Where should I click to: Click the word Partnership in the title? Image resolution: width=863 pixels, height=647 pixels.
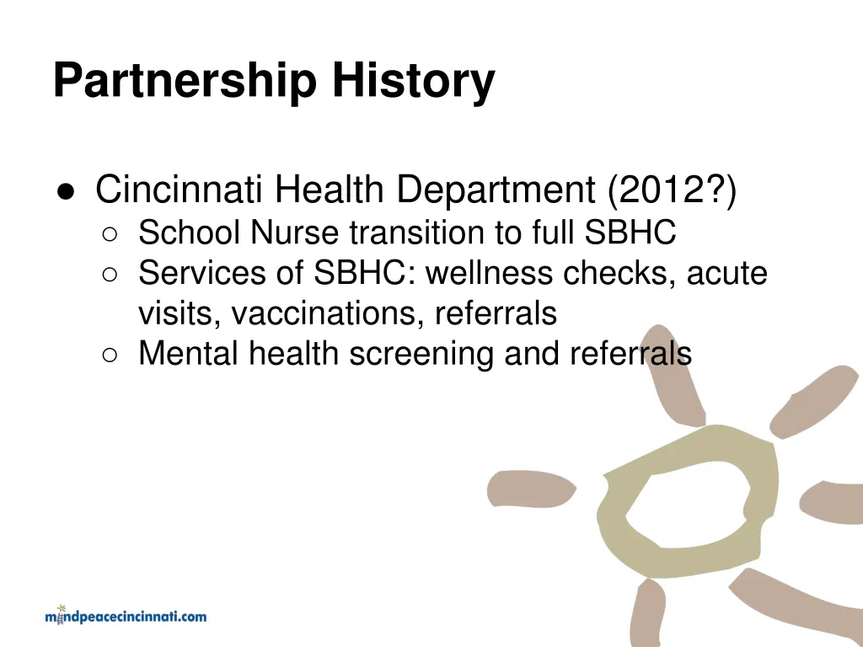pyautogui.click(x=185, y=82)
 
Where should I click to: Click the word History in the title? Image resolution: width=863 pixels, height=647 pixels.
pyautogui.click(x=412, y=82)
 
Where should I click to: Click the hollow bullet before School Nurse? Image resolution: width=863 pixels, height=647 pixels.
pyautogui.click(x=110, y=234)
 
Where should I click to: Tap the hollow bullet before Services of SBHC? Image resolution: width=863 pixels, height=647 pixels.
pyautogui.click(x=110, y=275)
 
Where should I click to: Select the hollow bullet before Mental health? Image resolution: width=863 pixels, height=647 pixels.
pyautogui.click(x=110, y=355)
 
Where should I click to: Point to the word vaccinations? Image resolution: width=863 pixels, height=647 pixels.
pyautogui.click(x=328, y=313)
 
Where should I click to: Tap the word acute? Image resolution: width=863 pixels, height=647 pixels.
pyautogui.click(x=726, y=273)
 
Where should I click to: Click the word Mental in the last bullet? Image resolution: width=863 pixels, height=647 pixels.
pyautogui.click(x=189, y=354)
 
